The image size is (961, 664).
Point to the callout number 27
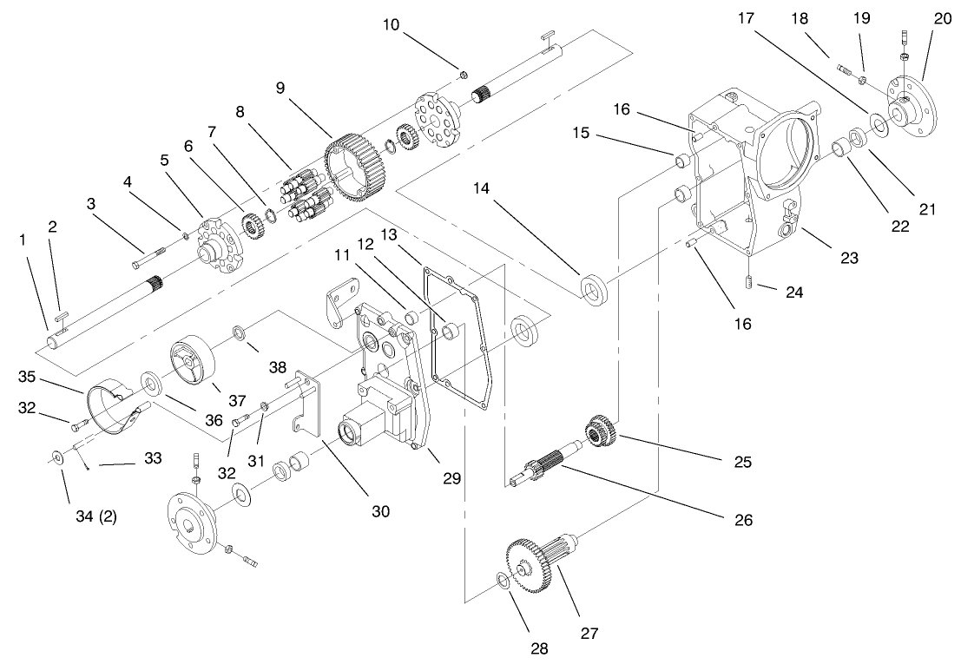tap(590, 634)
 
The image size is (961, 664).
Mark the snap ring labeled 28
tap(504, 581)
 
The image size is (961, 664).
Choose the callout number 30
tap(382, 512)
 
